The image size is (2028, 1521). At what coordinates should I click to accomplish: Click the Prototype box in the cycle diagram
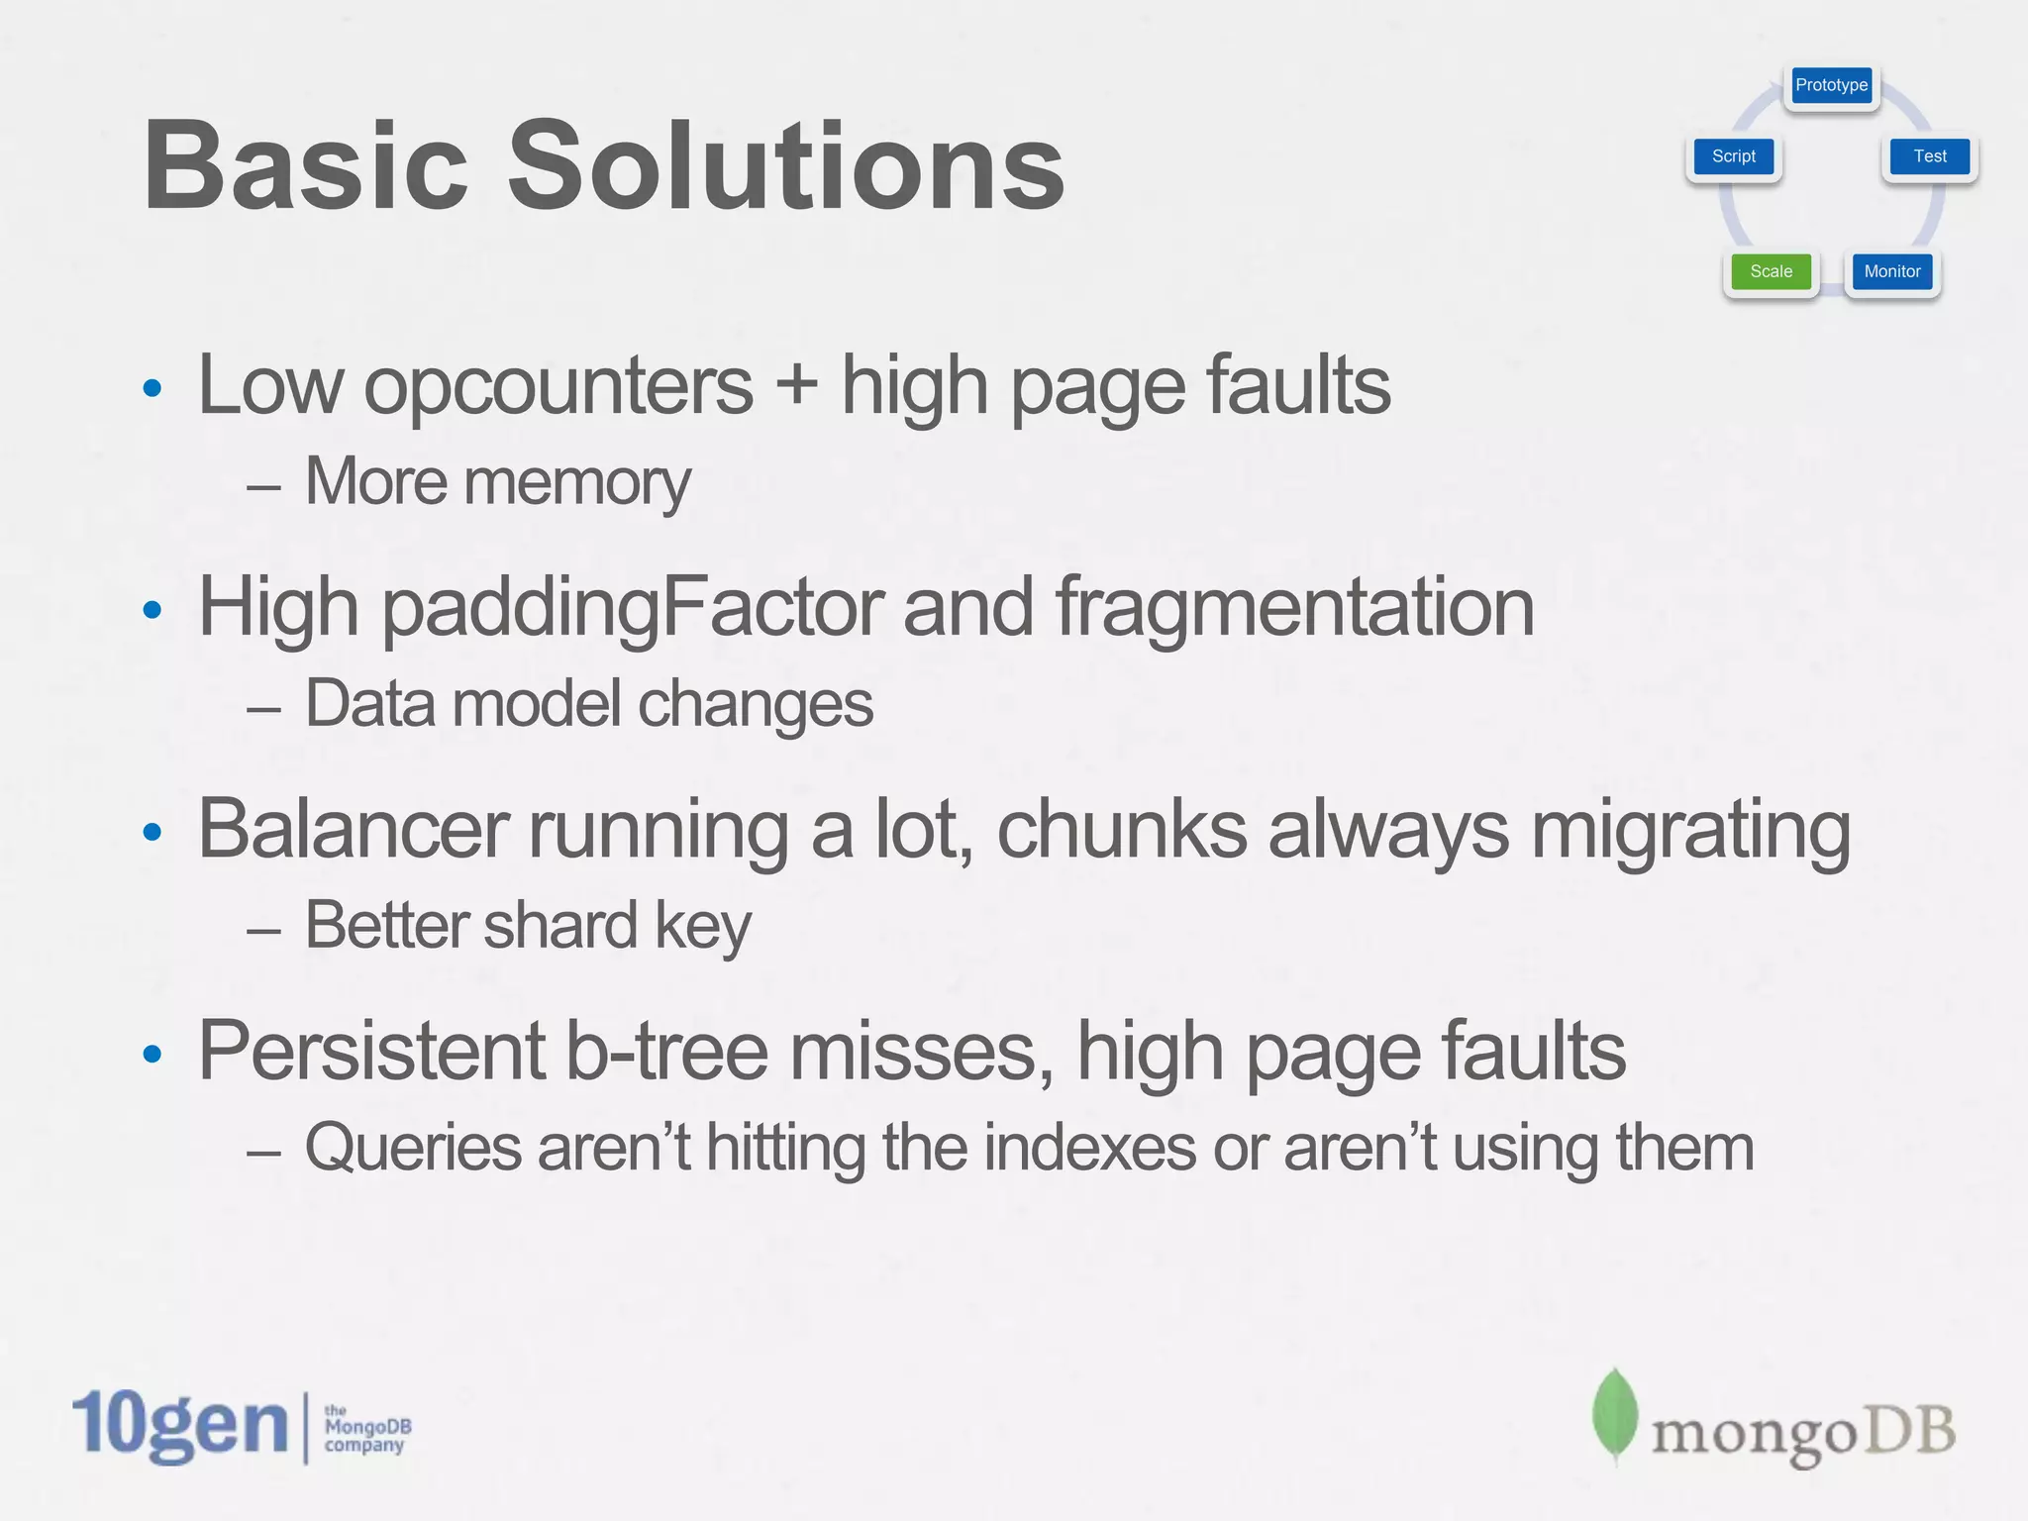click(x=1831, y=85)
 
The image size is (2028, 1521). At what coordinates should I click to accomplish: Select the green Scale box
click(x=1771, y=271)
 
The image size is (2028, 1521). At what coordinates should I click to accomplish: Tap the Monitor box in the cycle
click(x=1891, y=271)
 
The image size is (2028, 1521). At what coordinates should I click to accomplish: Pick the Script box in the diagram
click(x=1733, y=156)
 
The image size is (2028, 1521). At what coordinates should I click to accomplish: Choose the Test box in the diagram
click(x=1929, y=156)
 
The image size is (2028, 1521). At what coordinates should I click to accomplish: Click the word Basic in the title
click(x=305, y=166)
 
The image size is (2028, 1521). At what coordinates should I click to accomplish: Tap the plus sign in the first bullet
click(x=796, y=386)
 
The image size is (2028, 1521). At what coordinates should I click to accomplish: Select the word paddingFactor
click(x=631, y=609)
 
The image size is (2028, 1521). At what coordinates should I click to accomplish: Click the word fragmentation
click(x=1294, y=609)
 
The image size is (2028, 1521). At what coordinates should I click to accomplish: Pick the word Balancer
click(x=354, y=830)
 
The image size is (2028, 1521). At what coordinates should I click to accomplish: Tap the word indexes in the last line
click(x=1089, y=1149)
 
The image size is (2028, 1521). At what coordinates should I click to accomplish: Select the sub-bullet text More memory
click(x=497, y=483)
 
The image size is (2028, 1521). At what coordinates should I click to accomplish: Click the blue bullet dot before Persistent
click(x=152, y=1054)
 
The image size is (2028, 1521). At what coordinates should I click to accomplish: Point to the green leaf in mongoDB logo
click(x=1614, y=1414)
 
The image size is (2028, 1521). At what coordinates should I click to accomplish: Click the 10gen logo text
click(x=180, y=1426)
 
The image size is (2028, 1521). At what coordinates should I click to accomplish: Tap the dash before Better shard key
click(x=263, y=931)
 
